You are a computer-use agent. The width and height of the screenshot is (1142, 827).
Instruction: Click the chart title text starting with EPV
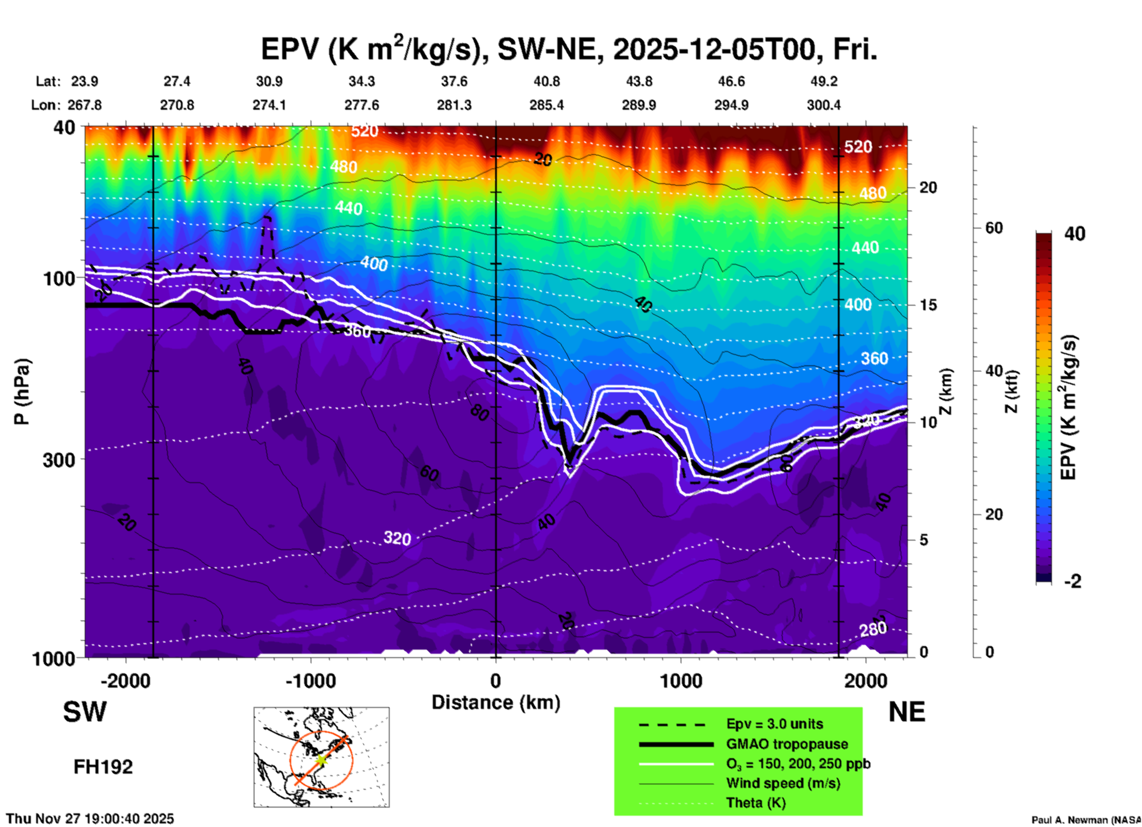[569, 49]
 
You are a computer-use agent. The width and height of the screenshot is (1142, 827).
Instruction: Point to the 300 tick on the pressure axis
[59, 460]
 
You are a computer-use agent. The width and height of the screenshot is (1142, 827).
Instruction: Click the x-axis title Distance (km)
[496, 702]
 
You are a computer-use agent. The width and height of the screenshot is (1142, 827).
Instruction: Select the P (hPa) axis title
[22, 392]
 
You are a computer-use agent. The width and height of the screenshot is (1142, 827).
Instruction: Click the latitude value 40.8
[546, 81]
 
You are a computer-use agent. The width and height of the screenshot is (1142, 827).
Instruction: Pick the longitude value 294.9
[731, 105]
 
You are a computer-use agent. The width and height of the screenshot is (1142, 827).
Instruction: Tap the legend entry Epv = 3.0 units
[774, 724]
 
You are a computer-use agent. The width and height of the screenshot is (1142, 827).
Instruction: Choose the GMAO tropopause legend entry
[787, 744]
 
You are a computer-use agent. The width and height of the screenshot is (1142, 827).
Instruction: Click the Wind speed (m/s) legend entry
[783, 783]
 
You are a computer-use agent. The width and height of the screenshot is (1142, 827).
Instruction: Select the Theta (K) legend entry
[755, 803]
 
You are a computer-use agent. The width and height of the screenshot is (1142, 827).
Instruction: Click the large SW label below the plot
[85, 712]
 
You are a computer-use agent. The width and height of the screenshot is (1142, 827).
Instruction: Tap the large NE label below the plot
[907, 712]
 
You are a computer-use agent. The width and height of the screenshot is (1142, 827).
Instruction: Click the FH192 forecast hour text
[103, 767]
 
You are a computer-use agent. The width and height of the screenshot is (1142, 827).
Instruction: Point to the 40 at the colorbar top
[1074, 234]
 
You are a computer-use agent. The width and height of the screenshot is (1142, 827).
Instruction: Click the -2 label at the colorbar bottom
[1073, 581]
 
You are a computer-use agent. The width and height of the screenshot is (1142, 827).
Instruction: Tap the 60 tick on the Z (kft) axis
[993, 228]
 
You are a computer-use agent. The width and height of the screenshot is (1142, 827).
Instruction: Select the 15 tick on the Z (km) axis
[928, 305]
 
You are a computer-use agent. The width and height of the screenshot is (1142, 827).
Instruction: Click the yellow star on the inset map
[321, 760]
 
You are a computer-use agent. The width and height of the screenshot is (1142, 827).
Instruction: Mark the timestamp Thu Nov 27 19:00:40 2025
[90, 819]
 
